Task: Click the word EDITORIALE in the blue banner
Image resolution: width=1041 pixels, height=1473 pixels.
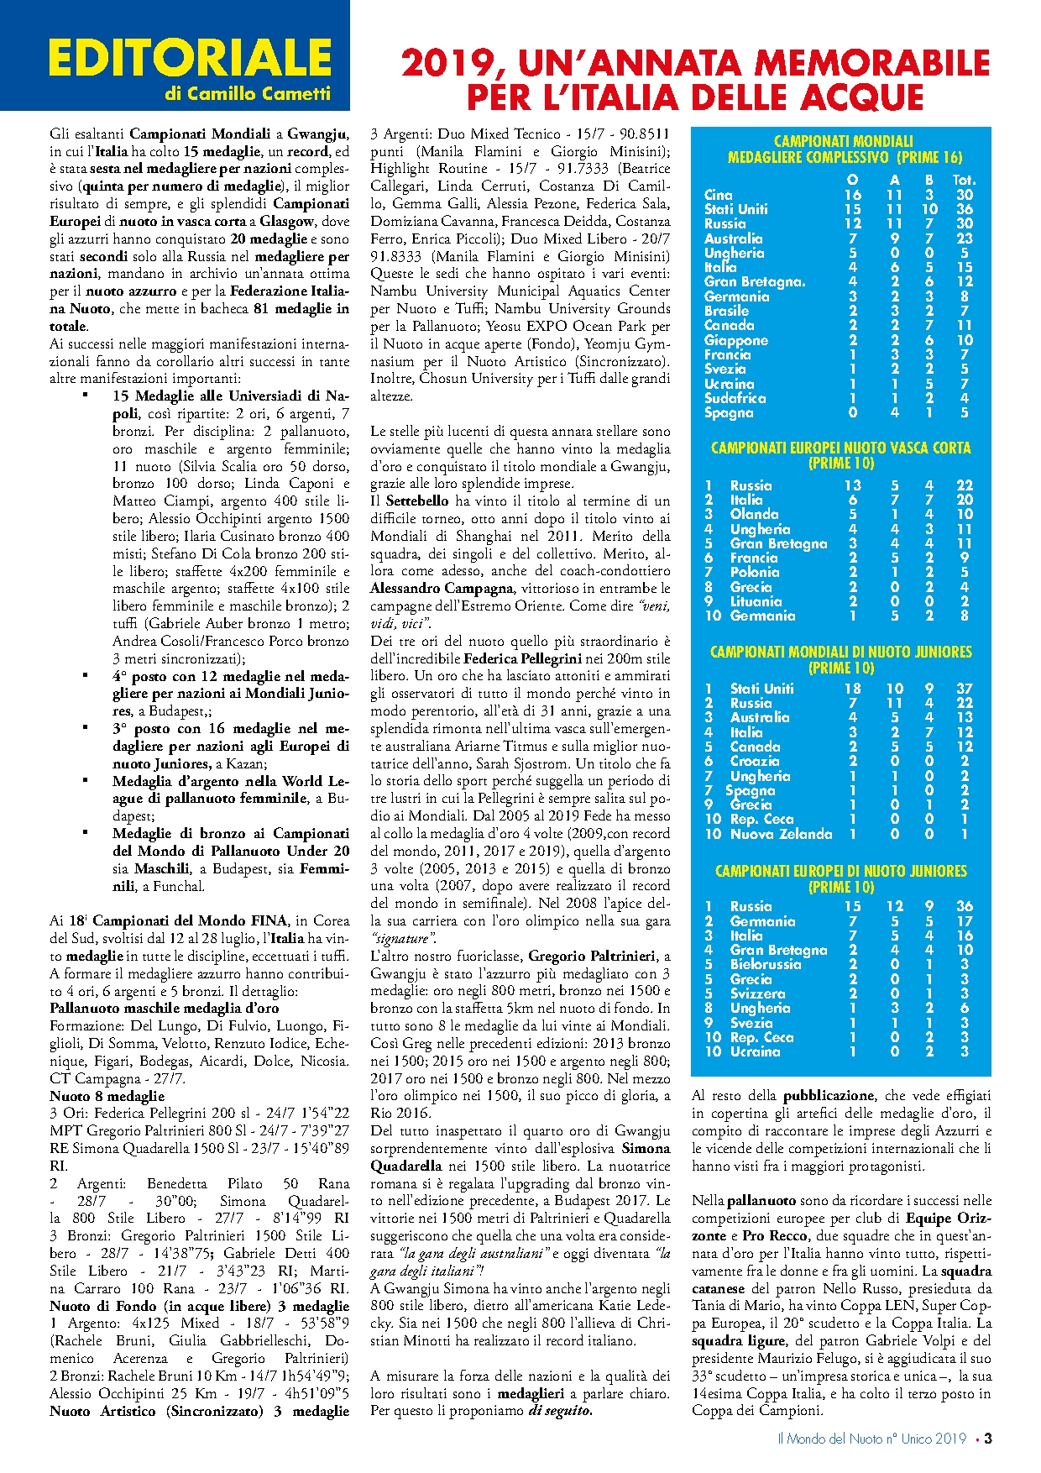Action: pyautogui.click(x=191, y=58)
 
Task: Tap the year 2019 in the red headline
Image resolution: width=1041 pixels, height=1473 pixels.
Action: pyautogui.click(x=448, y=63)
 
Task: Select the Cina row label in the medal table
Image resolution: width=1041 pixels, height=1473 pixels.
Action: pyautogui.click(x=718, y=195)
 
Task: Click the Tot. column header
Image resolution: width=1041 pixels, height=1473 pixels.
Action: pyautogui.click(x=964, y=180)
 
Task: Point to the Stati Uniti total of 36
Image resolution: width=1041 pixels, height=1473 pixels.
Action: pyautogui.click(x=964, y=209)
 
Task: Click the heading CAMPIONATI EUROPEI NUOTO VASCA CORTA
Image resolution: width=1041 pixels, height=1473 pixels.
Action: pyautogui.click(x=840, y=448)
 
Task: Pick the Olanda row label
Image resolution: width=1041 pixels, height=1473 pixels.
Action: pyautogui.click(x=754, y=514)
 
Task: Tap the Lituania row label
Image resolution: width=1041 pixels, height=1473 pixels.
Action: pyautogui.click(x=756, y=601)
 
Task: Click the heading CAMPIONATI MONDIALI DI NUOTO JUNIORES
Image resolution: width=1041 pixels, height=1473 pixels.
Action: pyautogui.click(x=840, y=652)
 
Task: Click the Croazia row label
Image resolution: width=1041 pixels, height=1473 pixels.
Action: pyautogui.click(x=755, y=761)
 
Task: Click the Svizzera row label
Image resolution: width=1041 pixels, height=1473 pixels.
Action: pyautogui.click(x=757, y=993)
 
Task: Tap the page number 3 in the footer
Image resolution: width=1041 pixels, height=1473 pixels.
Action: pyautogui.click(x=988, y=1439)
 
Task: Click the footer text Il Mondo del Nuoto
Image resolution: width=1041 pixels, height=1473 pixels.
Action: pyautogui.click(x=829, y=1439)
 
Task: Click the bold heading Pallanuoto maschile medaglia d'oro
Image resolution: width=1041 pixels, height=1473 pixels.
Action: pyautogui.click(x=164, y=1008)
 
